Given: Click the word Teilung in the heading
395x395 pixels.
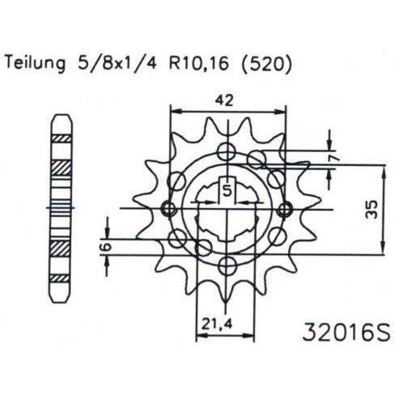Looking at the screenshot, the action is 35,64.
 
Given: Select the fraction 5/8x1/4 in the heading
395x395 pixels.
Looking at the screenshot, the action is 117,64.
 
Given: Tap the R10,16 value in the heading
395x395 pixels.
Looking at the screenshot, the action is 199,64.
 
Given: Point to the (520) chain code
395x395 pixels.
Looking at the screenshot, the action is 265,64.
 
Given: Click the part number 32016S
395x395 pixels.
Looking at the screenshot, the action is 346,332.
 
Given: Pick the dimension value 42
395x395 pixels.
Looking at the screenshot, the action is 224,100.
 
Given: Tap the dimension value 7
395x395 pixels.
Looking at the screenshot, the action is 335,159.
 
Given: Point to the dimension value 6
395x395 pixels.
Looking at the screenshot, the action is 107,246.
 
